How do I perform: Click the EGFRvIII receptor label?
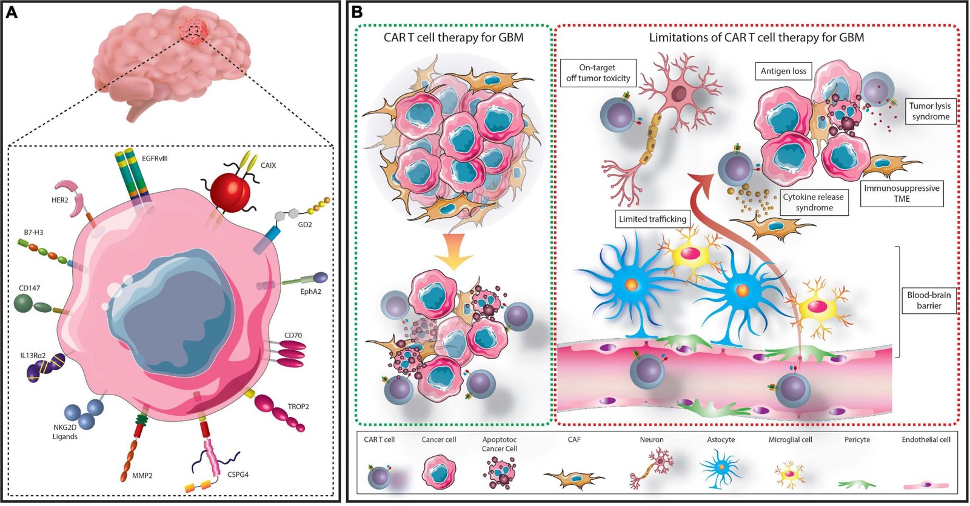coord(155,158)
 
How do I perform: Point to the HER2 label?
coord(59,200)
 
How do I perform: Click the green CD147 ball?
coord(26,302)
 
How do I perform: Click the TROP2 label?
coord(298,406)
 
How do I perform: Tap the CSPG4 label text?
coord(238,474)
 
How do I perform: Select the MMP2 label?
coord(142,476)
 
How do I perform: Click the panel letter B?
coord(358,12)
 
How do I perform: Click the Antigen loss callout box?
coord(783,71)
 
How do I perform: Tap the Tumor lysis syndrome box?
coord(930,111)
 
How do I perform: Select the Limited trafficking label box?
coord(652,219)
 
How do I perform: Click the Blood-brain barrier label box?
coord(929,300)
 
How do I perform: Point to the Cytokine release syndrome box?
coord(814,202)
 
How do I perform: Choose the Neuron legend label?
coord(652,439)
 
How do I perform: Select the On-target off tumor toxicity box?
coord(598,73)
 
